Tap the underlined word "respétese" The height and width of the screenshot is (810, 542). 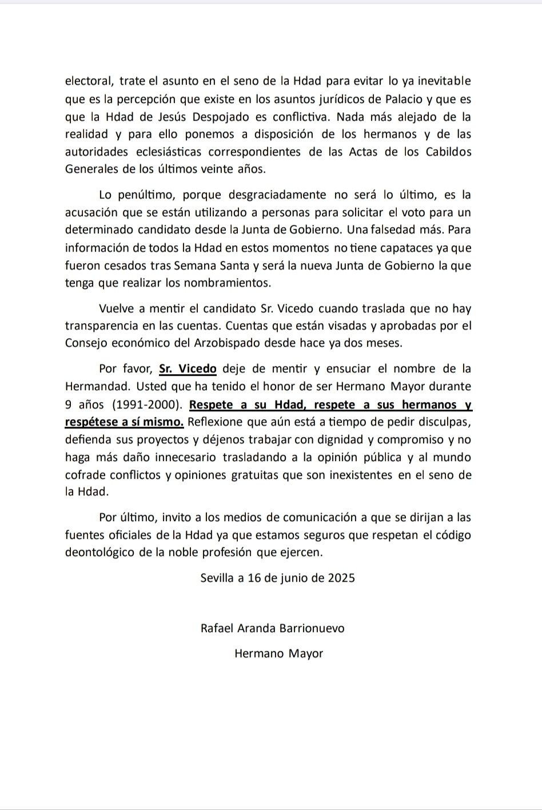coord(92,423)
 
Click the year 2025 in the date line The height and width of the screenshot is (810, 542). coord(341,578)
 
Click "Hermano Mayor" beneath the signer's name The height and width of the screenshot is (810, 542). coord(278,653)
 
